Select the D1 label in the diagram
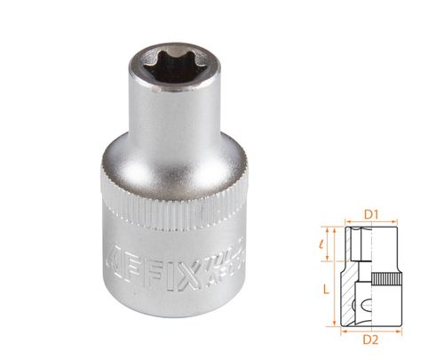[372, 212]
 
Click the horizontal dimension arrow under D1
[372, 223]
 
